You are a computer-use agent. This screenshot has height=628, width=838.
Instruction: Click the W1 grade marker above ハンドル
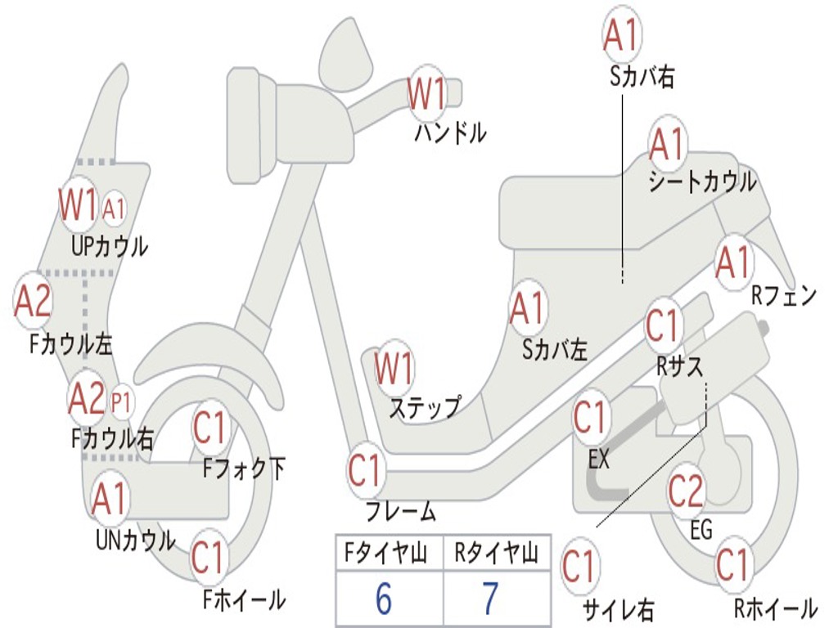coord(427,95)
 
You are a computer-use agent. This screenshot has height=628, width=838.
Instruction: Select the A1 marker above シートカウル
coord(667,146)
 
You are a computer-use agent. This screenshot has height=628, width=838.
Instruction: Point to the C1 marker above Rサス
coord(664,325)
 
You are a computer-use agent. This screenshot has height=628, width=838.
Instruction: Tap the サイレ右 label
coord(618,609)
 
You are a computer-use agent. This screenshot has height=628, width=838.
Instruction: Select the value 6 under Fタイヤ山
coord(383,599)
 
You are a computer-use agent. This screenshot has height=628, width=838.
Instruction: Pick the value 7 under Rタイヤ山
coord(489,599)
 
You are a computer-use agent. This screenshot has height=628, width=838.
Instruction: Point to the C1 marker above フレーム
coord(366,471)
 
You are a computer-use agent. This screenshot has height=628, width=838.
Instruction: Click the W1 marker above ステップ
coord(394,370)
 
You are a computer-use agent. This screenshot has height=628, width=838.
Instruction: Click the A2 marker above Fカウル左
coord(33,301)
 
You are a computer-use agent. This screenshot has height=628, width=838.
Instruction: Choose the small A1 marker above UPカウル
coord(115,209)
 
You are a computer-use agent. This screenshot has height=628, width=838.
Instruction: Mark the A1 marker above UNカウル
coord(109,499)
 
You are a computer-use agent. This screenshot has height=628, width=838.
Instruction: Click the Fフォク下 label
coord(244,469)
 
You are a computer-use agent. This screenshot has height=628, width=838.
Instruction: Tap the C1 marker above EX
coord(589,418)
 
